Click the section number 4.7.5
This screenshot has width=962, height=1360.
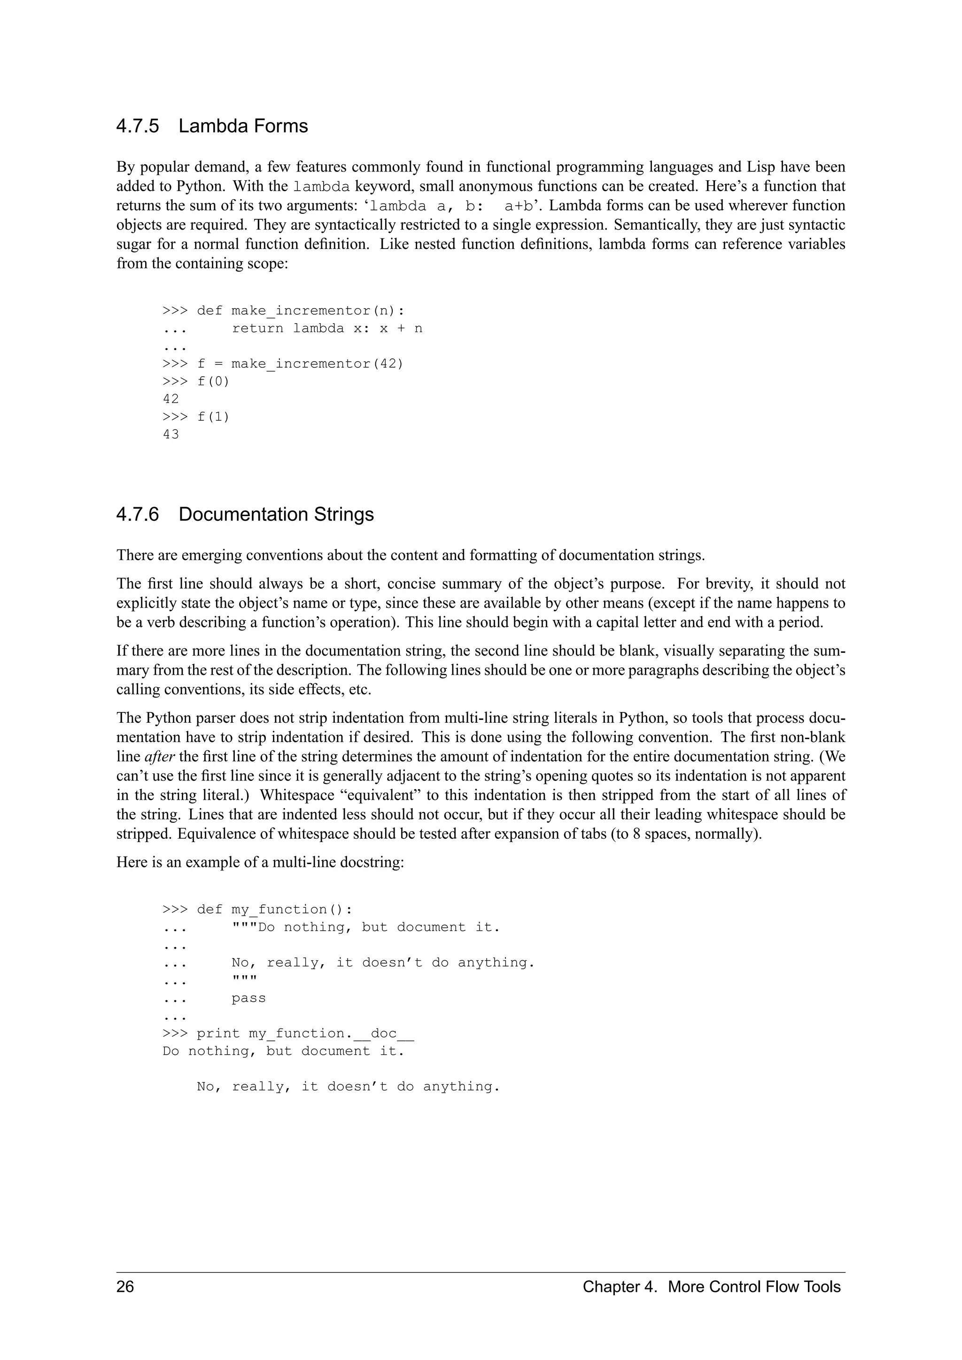(x=138, y=126)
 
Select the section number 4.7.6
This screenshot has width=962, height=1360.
(x=138, y=514)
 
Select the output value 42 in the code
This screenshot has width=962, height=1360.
(x=171, y=399)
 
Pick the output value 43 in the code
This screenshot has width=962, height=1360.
(x=171, y=434)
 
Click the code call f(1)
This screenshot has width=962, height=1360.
(x=213, y=417)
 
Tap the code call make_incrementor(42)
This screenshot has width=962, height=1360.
(x=317, y=363)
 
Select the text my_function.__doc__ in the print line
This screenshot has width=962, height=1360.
(x=331, y=1034)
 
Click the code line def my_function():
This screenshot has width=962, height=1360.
(x=274, y=909)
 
